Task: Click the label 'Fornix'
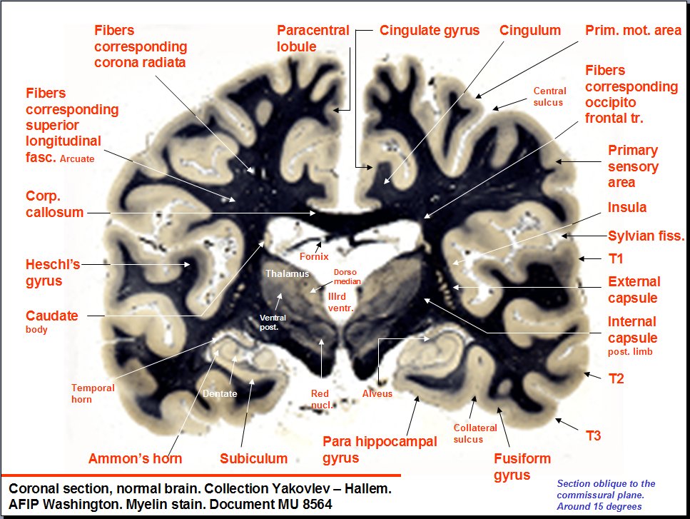click(x=314, y=255)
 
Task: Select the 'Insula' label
click(x=626, y=208)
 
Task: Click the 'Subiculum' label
click(x=253, y=458)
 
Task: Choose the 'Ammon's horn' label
click(x=135, y=458)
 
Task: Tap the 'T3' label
click(x=594, y=435)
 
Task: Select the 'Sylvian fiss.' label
click(x=646, y=236)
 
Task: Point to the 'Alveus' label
click(x=377, y=393)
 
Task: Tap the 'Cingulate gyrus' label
click(x=430, y=31)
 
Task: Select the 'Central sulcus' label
click(x=549, y=96)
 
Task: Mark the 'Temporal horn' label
click(x=93, y=393)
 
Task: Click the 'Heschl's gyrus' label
click(x=54, y=273)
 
